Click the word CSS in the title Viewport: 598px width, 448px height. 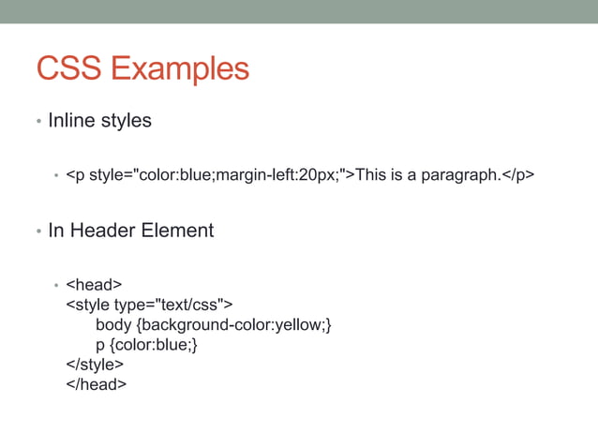coord(67,69)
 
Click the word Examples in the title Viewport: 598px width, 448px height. coord(178,69)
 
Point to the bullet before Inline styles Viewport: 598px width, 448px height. coord(38,123)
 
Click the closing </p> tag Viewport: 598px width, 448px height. coord(519,174)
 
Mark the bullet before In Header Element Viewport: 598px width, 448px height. coord(38,231)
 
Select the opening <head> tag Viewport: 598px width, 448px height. coord(94,283)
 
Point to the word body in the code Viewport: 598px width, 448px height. coord(112,324)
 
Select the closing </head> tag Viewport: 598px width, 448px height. coord(96,384)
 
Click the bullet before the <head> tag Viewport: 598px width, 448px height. coord(56,284)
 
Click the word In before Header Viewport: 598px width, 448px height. coord(55,230)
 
